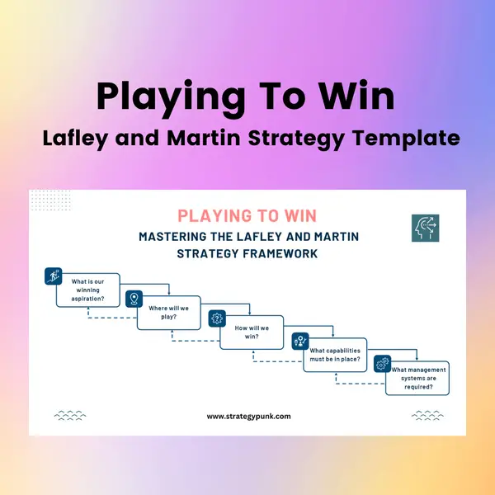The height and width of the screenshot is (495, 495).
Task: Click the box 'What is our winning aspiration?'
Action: tap(88, 290)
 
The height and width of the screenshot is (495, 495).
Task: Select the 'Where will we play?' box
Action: tap(169, 313)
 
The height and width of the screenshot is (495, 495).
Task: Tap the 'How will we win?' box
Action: tap(252, 332)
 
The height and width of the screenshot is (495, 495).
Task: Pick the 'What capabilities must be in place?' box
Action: tap(335, 355)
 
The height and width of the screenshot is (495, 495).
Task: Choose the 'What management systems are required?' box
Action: tap(417, 378)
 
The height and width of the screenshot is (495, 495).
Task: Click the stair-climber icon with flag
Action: tap(54, 276)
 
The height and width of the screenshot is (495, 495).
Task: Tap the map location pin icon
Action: tap(134, 299)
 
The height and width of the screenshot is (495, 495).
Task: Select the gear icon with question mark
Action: tap(217, 318)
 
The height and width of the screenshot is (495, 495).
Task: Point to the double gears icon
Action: tap(383, 364)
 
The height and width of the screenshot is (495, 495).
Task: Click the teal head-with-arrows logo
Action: tap(425, 228)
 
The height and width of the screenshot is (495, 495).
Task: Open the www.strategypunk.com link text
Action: tap(249, 416)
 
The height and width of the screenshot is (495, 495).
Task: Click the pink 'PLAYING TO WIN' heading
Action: tap(247, 216)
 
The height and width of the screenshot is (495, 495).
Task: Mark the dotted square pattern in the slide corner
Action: tap(50, 200)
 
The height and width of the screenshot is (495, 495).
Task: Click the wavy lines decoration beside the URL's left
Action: tap(70, 416)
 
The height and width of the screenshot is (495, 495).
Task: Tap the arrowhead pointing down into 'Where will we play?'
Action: tap(169, 293)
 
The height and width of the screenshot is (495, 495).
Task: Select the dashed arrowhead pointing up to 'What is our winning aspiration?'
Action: tap(88, 309)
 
